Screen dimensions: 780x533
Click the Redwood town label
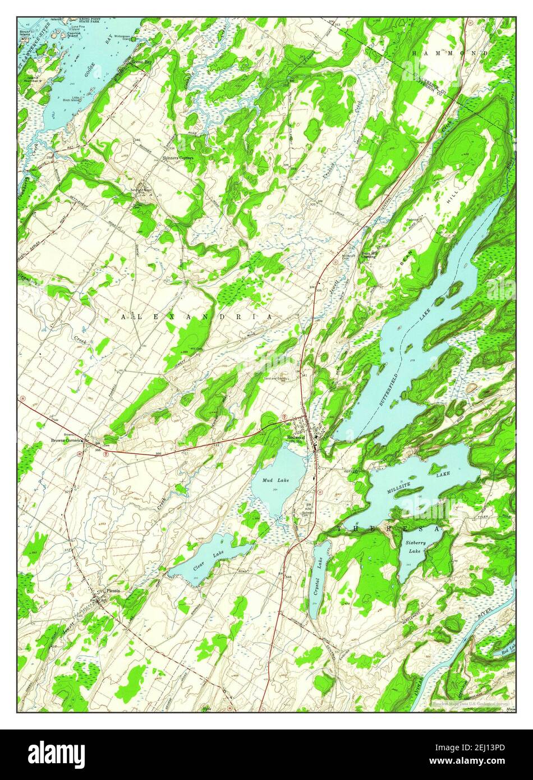(295, 437)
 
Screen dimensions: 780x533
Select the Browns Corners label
(66, 440)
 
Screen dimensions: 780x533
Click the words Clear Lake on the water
(205, 560)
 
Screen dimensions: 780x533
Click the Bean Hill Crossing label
(369, 254)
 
